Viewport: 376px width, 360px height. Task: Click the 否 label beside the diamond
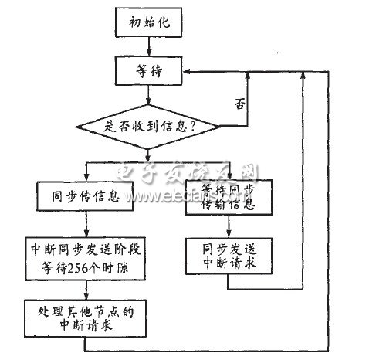coord(240,102)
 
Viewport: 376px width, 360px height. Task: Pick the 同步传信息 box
coord(86,197)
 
